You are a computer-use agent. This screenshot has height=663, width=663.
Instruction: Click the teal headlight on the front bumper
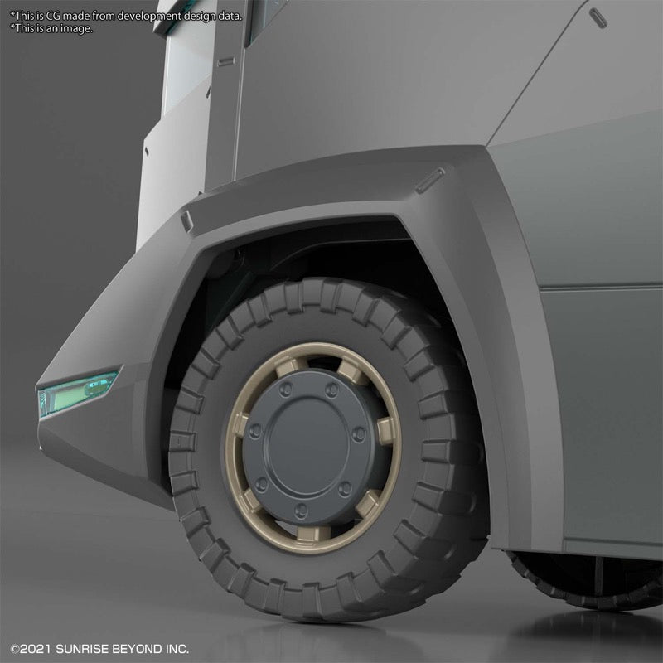(x=77, y=393)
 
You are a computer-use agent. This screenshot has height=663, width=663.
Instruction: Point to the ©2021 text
(x=31, y=649)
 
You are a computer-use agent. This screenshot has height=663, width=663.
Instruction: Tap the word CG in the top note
(x=53, y=16)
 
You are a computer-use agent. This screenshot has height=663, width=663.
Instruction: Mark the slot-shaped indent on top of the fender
(x=430, y=181)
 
